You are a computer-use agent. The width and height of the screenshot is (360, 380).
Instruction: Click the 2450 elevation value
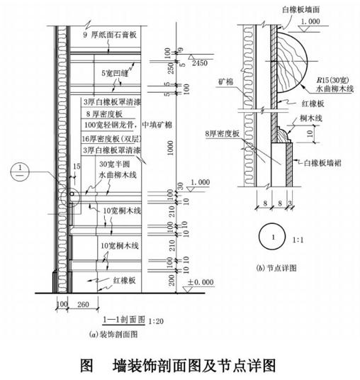(200, 63)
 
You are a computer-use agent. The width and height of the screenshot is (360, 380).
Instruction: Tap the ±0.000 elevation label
(201, 282)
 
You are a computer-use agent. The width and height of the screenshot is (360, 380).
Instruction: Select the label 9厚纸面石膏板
(110, 35)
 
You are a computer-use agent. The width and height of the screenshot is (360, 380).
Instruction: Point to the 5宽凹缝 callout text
(115, 73)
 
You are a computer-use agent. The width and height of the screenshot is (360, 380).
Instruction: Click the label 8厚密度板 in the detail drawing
(223, 133)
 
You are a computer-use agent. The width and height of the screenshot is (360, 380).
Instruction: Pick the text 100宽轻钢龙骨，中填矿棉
(128, 125)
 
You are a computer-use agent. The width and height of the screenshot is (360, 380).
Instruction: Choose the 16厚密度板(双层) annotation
(111, 139)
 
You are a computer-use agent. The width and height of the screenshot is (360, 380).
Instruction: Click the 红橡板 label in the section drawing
(125, 281)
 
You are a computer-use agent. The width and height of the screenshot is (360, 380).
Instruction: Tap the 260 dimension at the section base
(83, 304)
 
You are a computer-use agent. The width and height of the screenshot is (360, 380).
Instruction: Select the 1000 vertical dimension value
(171, 147)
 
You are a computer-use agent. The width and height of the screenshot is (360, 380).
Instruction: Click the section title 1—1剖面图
(124, 320)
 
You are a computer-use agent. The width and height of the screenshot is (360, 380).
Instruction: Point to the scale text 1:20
(156, 321)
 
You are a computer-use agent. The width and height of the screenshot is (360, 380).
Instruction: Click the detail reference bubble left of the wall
(20, 172)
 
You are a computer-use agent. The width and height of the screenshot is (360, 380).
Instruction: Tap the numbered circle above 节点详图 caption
(272, 237)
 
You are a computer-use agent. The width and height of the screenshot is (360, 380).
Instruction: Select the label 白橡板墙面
(301, 9)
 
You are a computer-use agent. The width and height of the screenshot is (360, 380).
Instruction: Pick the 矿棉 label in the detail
(225, 82)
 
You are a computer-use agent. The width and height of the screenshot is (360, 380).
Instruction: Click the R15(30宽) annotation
(333, 79)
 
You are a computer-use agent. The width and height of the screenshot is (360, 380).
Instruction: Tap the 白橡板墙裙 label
(322, 163)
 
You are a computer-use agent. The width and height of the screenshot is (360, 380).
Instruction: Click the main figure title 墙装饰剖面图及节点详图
(194, 365)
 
